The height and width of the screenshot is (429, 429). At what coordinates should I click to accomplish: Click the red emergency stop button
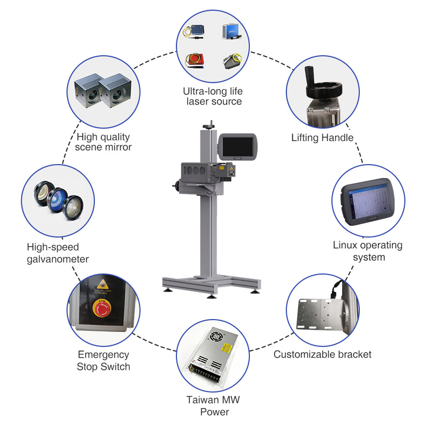click(102, 309)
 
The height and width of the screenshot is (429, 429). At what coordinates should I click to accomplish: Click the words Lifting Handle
click(322, 138)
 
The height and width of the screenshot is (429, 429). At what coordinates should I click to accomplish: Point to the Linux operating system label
click(367, 251)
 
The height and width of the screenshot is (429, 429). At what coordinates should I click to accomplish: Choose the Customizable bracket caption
click(322, 354)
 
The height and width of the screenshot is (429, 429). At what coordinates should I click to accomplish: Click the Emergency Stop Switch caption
click(103, 360)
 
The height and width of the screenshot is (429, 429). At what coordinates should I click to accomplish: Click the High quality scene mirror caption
click(103, 142)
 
